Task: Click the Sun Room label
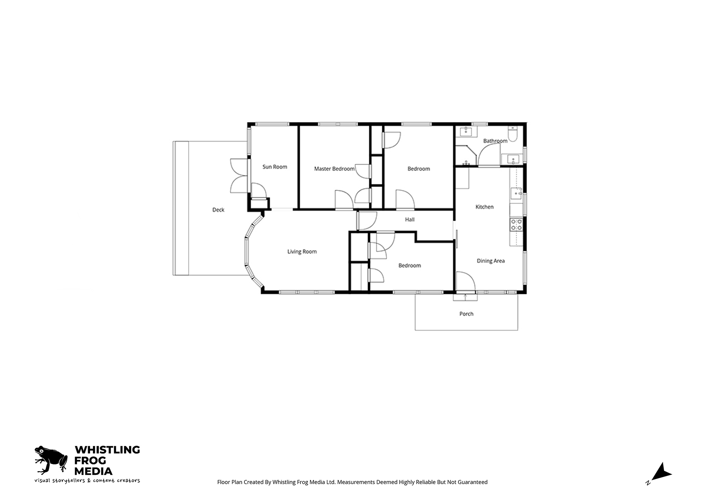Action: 275,167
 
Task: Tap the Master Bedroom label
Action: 334,169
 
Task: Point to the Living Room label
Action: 302,252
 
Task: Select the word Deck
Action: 218,210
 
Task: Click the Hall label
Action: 410,220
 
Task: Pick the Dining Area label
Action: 491,261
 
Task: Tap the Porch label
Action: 467,314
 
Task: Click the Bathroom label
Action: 495,141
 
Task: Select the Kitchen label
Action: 485,207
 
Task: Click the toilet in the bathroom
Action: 513,134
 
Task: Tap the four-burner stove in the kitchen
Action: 516,225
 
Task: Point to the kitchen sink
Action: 516,194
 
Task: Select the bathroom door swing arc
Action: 485,149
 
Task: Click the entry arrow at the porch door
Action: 465,297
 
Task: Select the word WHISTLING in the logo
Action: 107,450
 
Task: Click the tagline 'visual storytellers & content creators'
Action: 87,481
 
